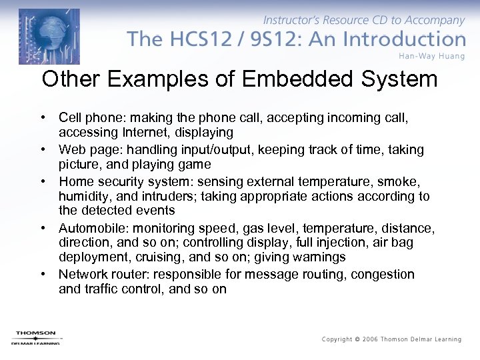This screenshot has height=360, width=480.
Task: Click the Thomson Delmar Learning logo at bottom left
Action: pos(35,337)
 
